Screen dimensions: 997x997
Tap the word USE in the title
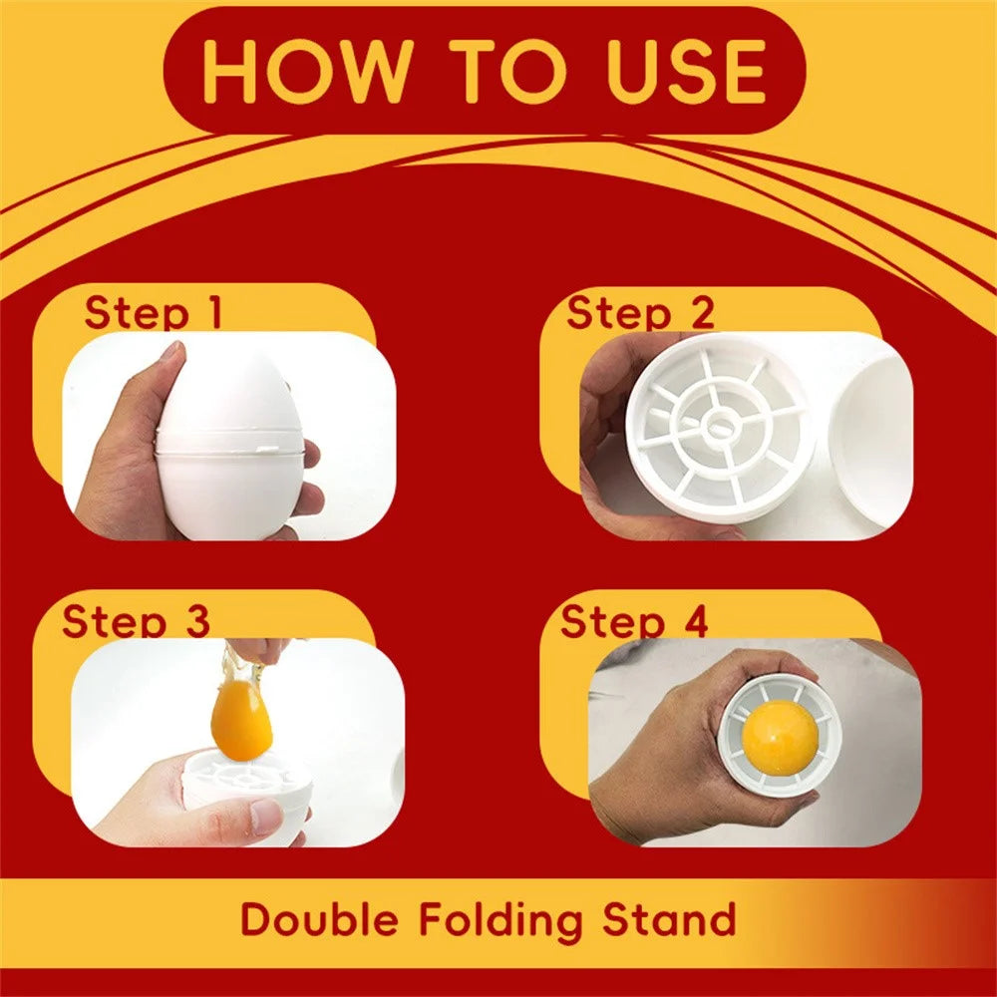pyautogui.click(x=687, y=70)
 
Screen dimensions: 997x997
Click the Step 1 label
pyautogui.click(x=154, y=312)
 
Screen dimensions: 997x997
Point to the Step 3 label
pyautogui.click(x=136, y=620)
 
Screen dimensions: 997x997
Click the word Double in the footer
pyautogui.click(x=320, y=919)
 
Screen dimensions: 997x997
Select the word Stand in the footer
pyautogui.click(x=670, y=919)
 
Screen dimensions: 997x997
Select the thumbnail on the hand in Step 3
pyautogui.click(x=265, y=815)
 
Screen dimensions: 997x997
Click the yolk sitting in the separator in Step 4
pyautogui.click(x=780, y=738)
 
